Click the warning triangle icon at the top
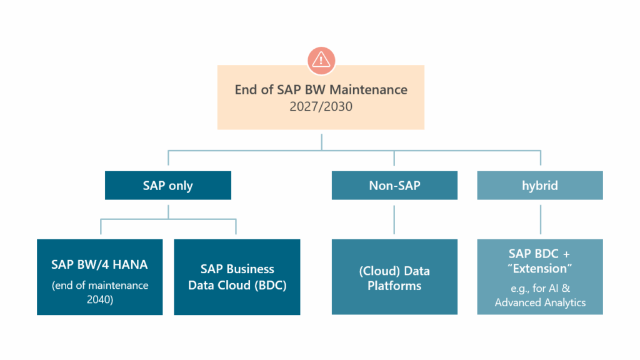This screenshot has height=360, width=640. tap(321, 59)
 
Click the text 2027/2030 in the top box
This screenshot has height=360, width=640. tap(321, 107)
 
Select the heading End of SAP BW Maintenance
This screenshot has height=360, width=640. tap(321, 89)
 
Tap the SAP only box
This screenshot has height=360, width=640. tap(168, 186)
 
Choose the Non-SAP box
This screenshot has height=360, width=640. tap(394, 186)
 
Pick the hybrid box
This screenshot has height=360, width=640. tap(540, 186)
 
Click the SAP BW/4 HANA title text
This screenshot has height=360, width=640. tap(100, 264)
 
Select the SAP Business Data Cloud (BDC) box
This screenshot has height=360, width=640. tap(237, 277)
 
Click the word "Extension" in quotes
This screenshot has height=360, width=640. tap(541, 269)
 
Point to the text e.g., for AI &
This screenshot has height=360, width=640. tap(541, 289)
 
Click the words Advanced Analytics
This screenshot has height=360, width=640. tap(541, 302)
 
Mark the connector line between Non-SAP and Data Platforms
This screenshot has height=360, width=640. tap(394, 219)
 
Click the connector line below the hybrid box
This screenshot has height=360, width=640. tap(540, 219)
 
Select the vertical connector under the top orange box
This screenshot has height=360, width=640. tap(321, 139)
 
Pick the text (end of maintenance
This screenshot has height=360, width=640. tap(100, 286)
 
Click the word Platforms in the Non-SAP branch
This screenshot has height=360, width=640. tap(394, 286)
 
